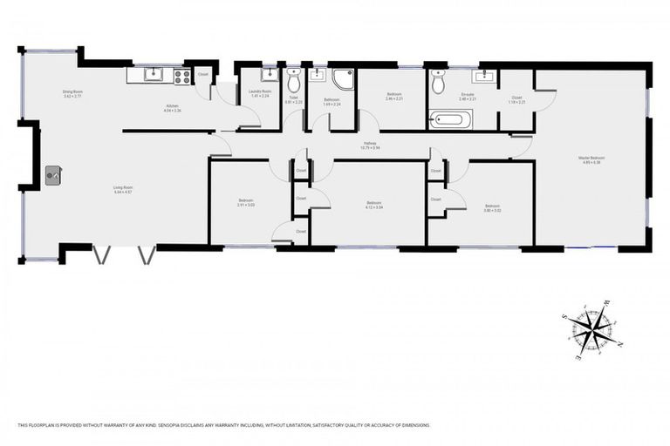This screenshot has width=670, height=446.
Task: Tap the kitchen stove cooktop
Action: pyautogui.click(x=181, y=76)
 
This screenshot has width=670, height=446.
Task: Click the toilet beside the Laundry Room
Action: pyautogui.click(x=295, y=83)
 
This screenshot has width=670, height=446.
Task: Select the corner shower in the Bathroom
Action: pyautogui.click(x=343, y=80)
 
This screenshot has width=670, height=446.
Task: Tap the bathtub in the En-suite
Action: pyautogui.click(x=451, y=118)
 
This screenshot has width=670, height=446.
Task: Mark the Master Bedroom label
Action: pyautogui.click(x=591, y=158)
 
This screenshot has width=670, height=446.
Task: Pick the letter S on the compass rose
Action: pyautogui.click(x=565, y=316)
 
